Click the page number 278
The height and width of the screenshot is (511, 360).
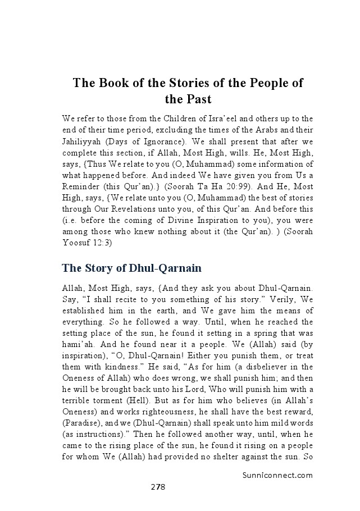coord(157,487)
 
